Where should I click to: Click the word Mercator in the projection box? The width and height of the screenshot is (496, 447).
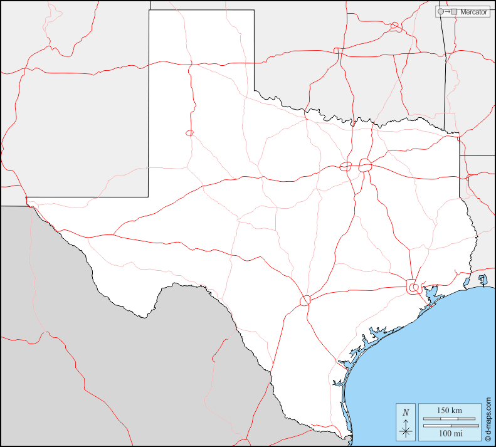click(x=473, y=12)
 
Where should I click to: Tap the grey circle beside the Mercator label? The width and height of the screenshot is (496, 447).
click(x=441, y=12)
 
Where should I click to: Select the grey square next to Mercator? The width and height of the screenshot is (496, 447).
click(x=454, y=12)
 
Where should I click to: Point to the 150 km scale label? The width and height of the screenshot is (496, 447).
click(x=449, y=410)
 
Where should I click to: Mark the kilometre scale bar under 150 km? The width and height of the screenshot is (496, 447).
click(x=449, y=418)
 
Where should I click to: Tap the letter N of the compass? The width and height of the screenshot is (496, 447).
click(x=406, y=412)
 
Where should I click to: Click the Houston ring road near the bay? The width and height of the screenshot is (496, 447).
click(x=413, y=287)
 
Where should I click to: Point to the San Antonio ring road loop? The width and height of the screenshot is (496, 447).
click(x=305, y=300)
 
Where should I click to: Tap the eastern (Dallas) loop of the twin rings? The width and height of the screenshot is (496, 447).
click(x=366, y=166)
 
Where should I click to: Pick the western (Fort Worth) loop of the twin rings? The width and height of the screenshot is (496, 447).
click(x=346, y=166)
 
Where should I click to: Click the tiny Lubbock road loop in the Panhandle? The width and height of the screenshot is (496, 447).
click(x=189, y=132)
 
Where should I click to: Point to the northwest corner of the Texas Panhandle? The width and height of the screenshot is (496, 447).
click(x=149, y=11)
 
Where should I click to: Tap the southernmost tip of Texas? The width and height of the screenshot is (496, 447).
click(x=346, y=438)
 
